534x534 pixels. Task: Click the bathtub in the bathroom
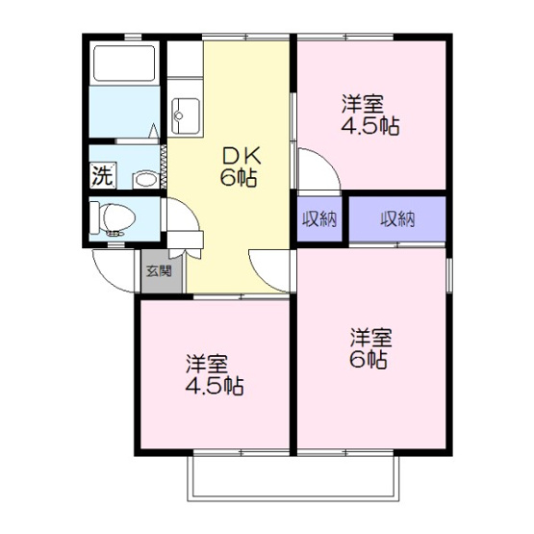pos(123,64)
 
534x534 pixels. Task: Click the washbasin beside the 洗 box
pos(144,178)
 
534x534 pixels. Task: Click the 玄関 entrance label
pos(159,269)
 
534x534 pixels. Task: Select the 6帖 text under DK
pos(237,178)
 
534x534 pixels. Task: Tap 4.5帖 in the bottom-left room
pos(214,387)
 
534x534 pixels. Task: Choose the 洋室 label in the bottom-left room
pos(206,365)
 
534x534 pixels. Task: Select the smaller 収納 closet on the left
pos(318,218)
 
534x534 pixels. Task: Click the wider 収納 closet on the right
pos(396,218)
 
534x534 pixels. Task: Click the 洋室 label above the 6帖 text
pos(370,338)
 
